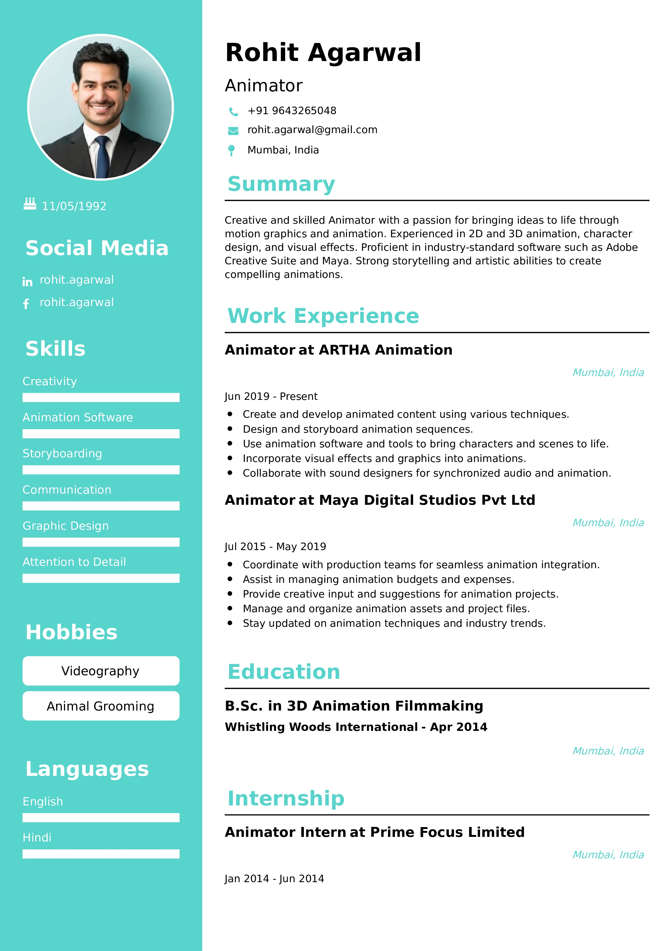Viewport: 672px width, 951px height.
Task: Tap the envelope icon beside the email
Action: (233, 131)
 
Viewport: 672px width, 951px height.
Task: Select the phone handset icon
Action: (233, 111)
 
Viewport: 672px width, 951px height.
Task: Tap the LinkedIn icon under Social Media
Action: (27, 282)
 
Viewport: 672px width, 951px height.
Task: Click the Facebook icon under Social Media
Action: (26, 304)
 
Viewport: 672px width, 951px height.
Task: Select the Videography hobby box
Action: (101, 671)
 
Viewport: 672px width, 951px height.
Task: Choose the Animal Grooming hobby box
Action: (101, 706)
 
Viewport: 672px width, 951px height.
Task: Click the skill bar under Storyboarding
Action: (101, 470)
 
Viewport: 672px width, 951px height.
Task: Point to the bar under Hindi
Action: (101, 854)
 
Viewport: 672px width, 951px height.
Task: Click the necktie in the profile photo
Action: (102, 155)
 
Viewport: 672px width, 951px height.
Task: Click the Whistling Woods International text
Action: (321, 727)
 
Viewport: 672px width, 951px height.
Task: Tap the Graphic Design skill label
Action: (65, 526)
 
